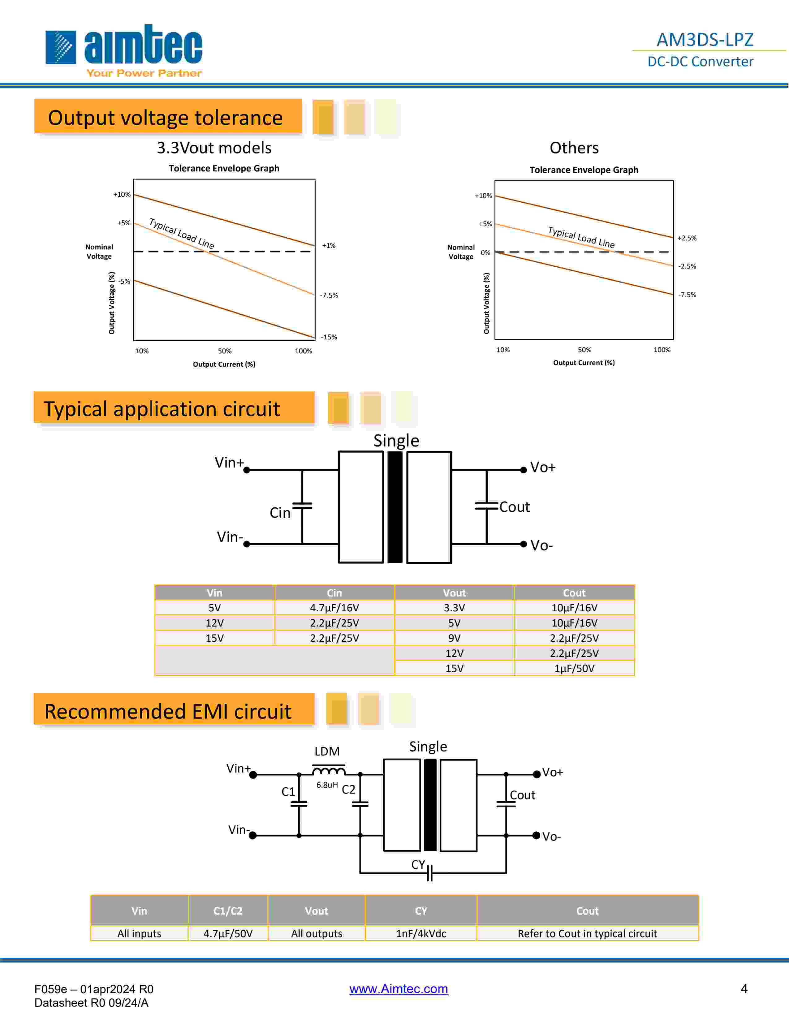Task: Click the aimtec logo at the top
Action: click(124, 50)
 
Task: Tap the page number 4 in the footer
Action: click(744, 988)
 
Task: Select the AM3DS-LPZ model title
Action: click(705, 40)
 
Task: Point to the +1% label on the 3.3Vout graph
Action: click(329, 245)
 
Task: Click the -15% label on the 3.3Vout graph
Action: click(329, 337)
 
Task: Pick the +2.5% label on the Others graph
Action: click(687, 238)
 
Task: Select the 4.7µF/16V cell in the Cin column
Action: click(334, 608)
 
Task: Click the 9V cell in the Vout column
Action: click(454, 638)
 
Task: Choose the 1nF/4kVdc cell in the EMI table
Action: click(421, 933)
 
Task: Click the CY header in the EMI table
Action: click(421, 911)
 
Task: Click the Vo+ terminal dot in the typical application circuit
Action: click(524, 470)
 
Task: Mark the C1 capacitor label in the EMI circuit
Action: click(288, 791)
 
